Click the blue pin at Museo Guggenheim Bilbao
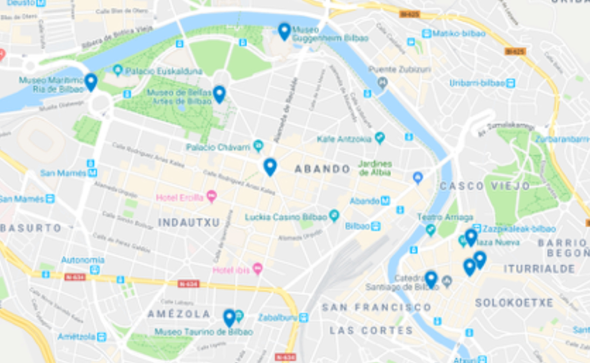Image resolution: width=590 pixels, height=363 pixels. [x=284, y=31]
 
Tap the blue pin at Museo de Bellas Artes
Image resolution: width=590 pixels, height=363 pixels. [x=219, y=94]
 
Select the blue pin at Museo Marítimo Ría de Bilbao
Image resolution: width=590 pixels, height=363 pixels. [x=91, y=82]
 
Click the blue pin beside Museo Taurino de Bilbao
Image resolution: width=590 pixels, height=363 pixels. [x=230, y=318]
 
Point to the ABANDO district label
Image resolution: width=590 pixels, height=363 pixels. [x=322, y=169]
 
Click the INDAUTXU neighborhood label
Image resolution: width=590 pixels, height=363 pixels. [x=189, y=222]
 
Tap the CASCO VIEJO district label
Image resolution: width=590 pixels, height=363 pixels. [x=485, y=186]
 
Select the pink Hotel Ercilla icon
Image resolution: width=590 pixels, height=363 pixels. [x=211, y=197]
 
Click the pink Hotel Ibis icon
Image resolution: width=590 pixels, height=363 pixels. [x=258, y=269]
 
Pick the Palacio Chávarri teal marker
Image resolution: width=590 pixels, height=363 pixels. [x=258, y=146]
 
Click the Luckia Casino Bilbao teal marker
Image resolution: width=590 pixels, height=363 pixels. [x=334, y=216]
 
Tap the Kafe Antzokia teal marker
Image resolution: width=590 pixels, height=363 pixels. [x=380, y=137]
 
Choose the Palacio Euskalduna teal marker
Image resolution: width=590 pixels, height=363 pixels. [x=118, y=70]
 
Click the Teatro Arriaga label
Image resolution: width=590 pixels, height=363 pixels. [x=445, y=217]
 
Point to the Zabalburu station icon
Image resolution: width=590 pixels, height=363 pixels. [x=303, y=318]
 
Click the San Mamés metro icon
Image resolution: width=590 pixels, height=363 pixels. [x=92, y=173]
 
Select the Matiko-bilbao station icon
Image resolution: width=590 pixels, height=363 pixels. [x=426, y=34]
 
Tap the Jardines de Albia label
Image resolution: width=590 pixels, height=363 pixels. [x=375, y=168]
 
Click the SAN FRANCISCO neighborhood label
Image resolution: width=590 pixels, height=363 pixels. [x=377, y=307]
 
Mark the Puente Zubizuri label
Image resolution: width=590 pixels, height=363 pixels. [x=400, y=69]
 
